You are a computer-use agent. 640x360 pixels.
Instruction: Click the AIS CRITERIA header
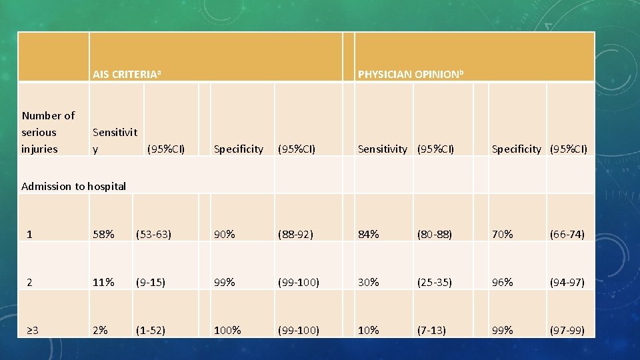[127, 74]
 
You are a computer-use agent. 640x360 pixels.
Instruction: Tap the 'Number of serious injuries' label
[48, 132]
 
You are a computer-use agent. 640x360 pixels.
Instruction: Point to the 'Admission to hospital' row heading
[73, 186]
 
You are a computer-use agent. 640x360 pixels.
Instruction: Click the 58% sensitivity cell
[103, 234]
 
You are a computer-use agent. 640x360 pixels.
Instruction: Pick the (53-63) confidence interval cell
[153, 234]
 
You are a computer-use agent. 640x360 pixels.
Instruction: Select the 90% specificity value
[224, 234]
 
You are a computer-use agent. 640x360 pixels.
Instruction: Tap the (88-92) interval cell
[296, 234]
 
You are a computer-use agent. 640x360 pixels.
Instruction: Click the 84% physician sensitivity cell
[369, 234]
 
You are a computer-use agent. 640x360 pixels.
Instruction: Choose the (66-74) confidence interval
[567, 234]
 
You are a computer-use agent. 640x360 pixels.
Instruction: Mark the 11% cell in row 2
[103, 282]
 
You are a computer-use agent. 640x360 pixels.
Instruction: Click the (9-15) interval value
[151, 282]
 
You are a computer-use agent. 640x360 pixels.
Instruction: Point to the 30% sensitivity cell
[369, 282]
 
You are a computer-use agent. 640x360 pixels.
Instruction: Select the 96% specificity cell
[502, 282]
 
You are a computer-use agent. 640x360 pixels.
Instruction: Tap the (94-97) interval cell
[567, 282]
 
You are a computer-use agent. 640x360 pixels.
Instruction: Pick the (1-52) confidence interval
[151, 330]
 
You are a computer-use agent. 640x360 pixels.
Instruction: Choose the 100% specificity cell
[227, 330]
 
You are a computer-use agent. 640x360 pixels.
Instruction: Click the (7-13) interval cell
[431, 330]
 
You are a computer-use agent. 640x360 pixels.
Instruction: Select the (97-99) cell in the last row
[567, 330]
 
